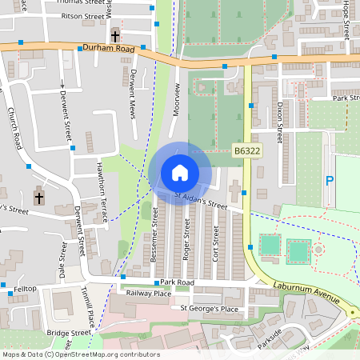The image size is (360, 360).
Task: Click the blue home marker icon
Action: pos(180,173)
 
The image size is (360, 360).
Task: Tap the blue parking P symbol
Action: pos(329,181)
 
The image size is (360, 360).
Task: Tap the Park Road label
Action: pos(177,282)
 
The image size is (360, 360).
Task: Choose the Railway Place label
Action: pos(149,294)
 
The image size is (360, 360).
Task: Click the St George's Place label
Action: pos(209,308)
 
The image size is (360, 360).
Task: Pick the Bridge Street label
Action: pos(69,332)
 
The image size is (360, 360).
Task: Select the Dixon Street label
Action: pos(279,115)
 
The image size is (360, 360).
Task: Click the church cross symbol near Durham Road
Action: pos(115,36)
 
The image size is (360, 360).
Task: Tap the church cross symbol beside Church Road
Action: pos(40,196)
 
